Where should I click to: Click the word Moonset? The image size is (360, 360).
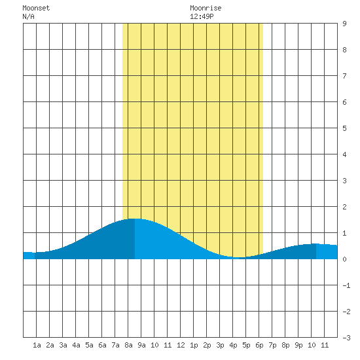tap(36, 8)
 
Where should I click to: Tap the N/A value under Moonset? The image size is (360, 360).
tap(28, 16)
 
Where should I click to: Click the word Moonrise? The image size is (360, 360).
tap(206, 8)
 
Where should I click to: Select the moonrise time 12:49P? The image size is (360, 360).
tap(202, 16)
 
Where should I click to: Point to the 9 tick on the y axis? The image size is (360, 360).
tap(344, 24)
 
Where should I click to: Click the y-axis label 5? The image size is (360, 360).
tap(344, 128)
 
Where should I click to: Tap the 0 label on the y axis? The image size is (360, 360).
tap(344, 259)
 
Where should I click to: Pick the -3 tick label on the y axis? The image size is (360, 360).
tap(346, 338)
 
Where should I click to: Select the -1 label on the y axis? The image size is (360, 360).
tap(346, 285)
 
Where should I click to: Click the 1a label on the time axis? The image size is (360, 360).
tap(37, 345)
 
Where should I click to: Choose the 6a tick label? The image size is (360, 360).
tap(102, 345)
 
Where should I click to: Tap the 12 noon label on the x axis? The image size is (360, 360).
tap(181, 345)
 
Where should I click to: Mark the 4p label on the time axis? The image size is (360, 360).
tap(233, 345)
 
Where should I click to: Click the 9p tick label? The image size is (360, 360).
tap(298, 345)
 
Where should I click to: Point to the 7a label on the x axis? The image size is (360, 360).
tap(115, 345)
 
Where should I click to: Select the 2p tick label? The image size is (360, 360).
tap(207, 345)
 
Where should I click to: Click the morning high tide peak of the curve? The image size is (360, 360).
tap(135, 219)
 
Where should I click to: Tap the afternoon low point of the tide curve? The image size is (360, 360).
tap(239, 257)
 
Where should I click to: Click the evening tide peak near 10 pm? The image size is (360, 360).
tap(316, 243)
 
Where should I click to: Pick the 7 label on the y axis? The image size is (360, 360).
tap(344, 76)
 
